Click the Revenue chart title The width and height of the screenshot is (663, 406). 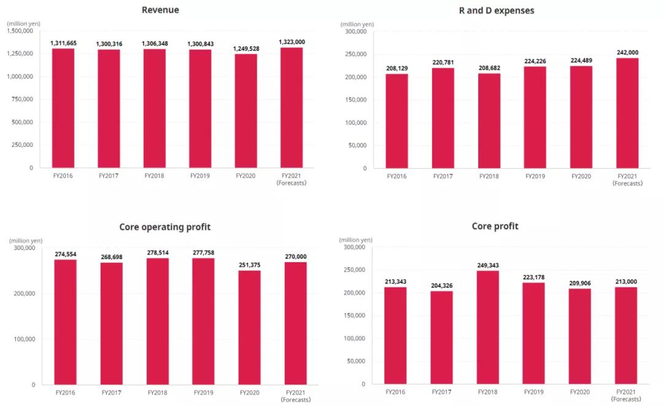pyautogui.click(x=160, y=10)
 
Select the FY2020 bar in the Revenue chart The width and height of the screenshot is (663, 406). pyautogui.click(x=246, y=111)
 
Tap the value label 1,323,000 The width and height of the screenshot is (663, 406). pyautogui.click(x=292, y=42)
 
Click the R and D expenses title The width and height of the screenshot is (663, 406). pyautogui.click(x=497, y=10)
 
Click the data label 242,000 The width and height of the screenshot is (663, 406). pyautogui.click(x=626, y=52)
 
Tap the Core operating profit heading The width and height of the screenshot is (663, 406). pyautogui.click(x=165, y=227)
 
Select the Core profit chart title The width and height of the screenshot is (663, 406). pyautogui.click(x=495, y=226)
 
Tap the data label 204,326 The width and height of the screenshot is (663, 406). pyautogui.click(x=441, y=286)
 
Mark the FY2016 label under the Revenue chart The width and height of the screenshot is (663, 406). pyautogui.click(x=63, y=176)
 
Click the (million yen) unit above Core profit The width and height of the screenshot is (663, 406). pyautogui.click(x=355, y=240)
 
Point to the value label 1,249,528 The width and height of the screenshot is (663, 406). pyautogui.click(x=246, y=49)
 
